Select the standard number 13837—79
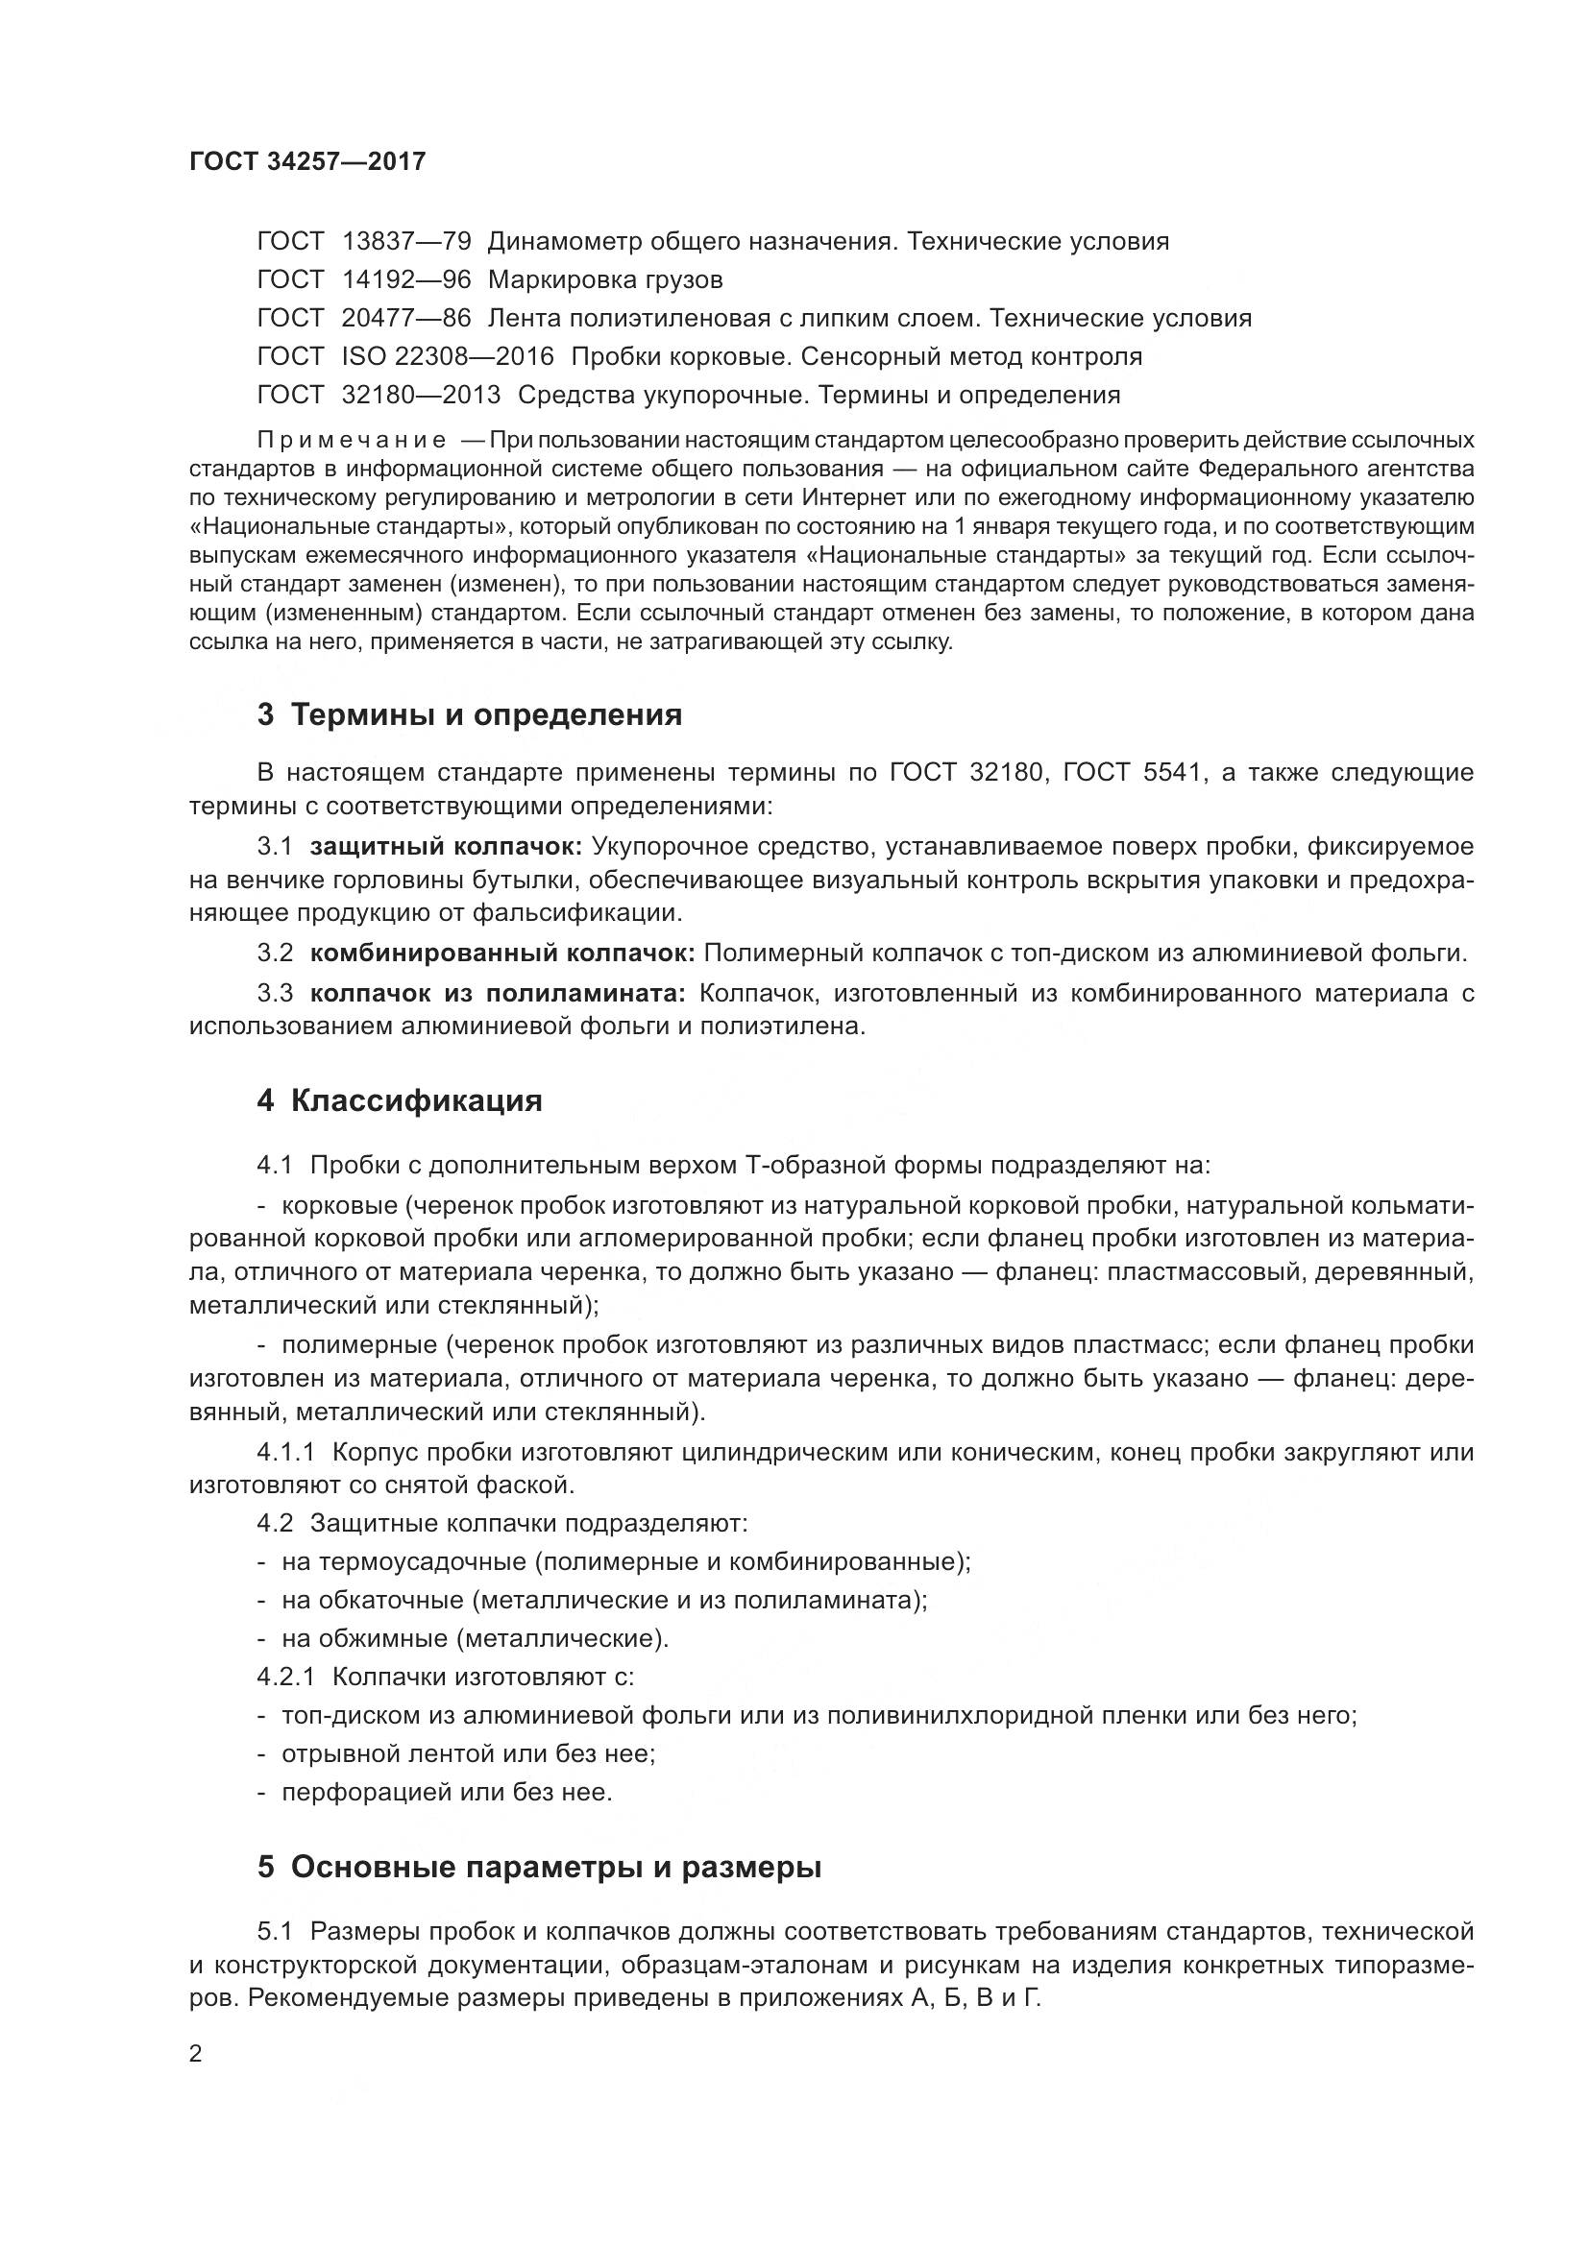pos(406,242)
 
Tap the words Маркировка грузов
pos(604,280)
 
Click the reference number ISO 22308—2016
pos(447,357)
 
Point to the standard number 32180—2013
pos(421,396)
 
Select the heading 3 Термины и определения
pos(470,715)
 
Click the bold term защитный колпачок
pos(446,846)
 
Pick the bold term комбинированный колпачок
pos(501,953)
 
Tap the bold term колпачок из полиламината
pos(498,994)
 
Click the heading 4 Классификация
pos(400,1101)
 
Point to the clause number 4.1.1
pos(285,1453)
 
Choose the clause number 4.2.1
pos(285,1677)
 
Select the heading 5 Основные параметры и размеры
pos(539,1869)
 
